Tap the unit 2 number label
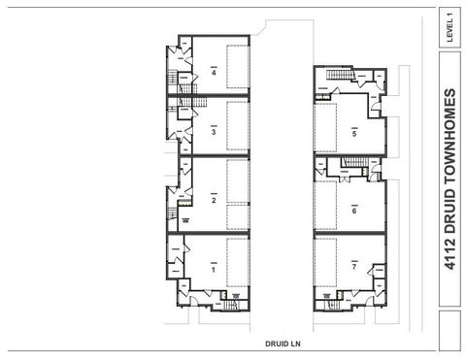click(x=213, y=201)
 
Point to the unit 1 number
click(x=213, y=269)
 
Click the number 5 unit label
click(x=354, y=133)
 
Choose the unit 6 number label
click(x=354, y=209)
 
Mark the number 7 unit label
click(x=354, y=264)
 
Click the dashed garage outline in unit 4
click(x=238, y=68)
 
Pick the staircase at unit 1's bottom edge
click(x=231, y=307)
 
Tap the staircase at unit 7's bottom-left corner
click(x=330, y=304)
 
